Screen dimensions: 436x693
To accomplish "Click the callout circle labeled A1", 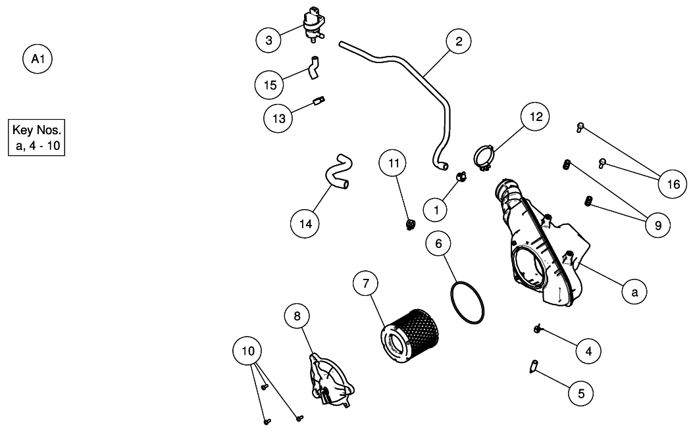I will (x=38, y=59).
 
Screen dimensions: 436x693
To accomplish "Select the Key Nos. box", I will (x=37, y=137).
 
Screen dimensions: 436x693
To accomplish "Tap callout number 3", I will (x=269, y=41).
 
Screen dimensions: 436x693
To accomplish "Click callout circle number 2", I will (x=459, y=41).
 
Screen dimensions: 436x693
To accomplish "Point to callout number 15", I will (x=270, y=84).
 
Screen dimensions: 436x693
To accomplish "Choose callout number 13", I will (x=279, y=118).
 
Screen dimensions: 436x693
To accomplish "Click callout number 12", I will (x=536, y=116).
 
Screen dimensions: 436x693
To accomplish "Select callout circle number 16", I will (x=673, y=184).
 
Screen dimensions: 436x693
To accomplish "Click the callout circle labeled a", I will (x=634, y=291).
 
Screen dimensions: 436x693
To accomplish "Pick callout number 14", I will (x=305, y=224).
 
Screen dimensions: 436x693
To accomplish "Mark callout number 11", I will (x=394, y=163).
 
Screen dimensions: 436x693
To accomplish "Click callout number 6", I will (x=439, y=243).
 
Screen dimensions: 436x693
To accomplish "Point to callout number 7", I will (x=366, y=284).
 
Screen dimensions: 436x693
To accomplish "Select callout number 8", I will (x=297, y=316).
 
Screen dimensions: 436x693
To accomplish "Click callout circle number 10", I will (x=248, y=351).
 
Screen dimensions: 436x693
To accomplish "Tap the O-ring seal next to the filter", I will (x=468, y=304).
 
